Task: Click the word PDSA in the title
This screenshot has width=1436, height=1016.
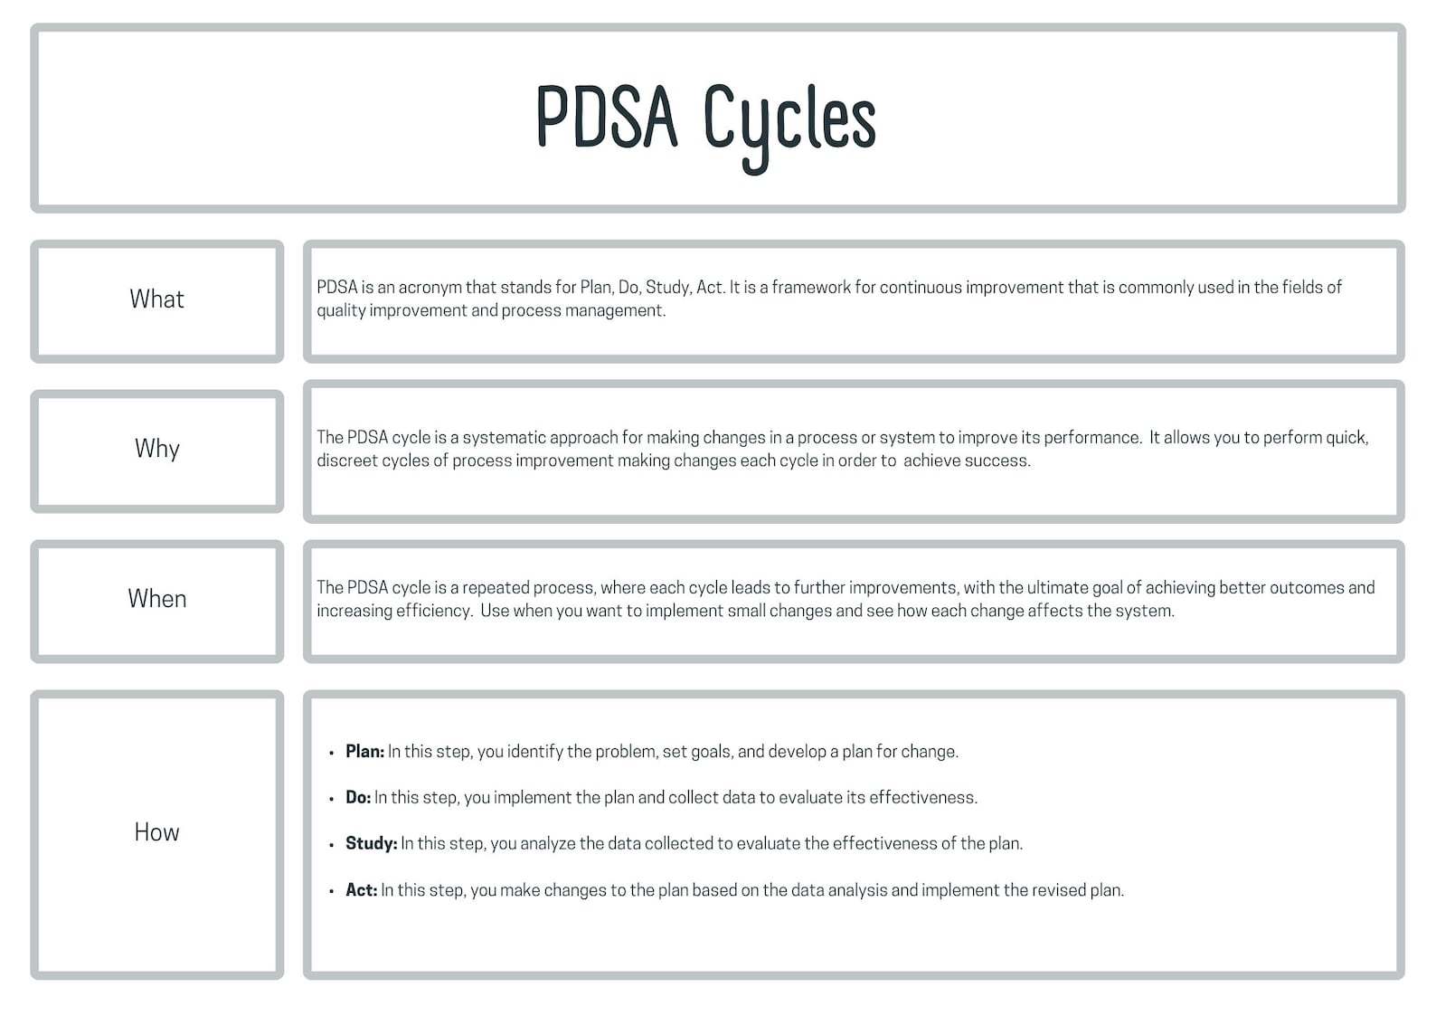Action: click(606, 118)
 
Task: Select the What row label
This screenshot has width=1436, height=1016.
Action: click(156, 299)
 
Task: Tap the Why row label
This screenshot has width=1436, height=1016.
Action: click(156, 449)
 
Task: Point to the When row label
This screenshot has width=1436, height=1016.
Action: click(156, 599)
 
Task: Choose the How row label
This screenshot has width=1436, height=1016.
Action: click(156, 832)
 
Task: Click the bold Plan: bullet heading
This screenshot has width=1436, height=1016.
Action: click(364, 752)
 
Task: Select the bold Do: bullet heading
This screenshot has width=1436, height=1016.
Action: click(358, 798)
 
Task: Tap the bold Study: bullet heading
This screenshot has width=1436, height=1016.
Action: click(371, 844)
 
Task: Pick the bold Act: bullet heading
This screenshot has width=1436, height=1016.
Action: click(361, 890)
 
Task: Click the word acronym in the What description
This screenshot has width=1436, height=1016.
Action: click(430, 288)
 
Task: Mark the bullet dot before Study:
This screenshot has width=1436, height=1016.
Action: click(332, 845)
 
